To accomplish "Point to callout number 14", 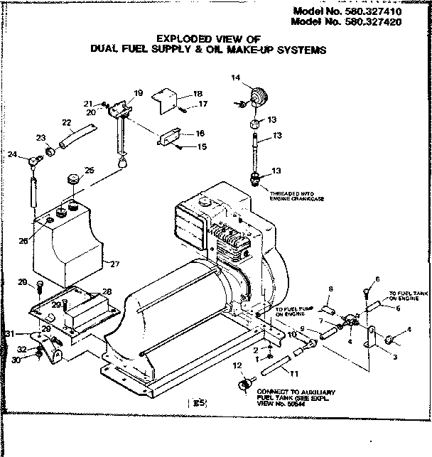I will (x=236, y=77).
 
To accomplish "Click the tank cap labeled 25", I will (x=72, y=178).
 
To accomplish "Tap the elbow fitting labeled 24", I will (x=34, y=163).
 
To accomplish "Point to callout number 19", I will (x=138, y=92).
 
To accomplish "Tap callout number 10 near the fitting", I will (x=291, y=334).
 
